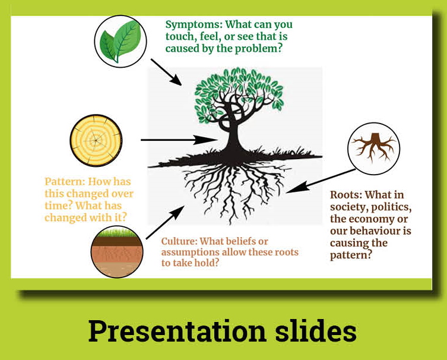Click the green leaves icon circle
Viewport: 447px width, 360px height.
[121, 42]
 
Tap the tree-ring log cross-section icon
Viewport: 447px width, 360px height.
[96, 140]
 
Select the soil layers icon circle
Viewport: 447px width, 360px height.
[117, 251]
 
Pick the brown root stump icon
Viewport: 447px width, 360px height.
[374, 149]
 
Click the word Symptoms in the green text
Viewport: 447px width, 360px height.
[194, 25]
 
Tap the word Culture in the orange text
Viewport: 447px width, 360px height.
[179, 241]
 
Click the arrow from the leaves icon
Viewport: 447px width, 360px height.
[166, 72]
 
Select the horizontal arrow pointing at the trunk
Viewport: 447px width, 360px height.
[179, 140]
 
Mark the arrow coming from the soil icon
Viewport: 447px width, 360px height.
[165, 222]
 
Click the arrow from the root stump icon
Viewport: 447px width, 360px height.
[321, 181]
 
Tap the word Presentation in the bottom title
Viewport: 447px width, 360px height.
[177, 331]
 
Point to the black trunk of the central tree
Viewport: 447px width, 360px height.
[233, 134]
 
